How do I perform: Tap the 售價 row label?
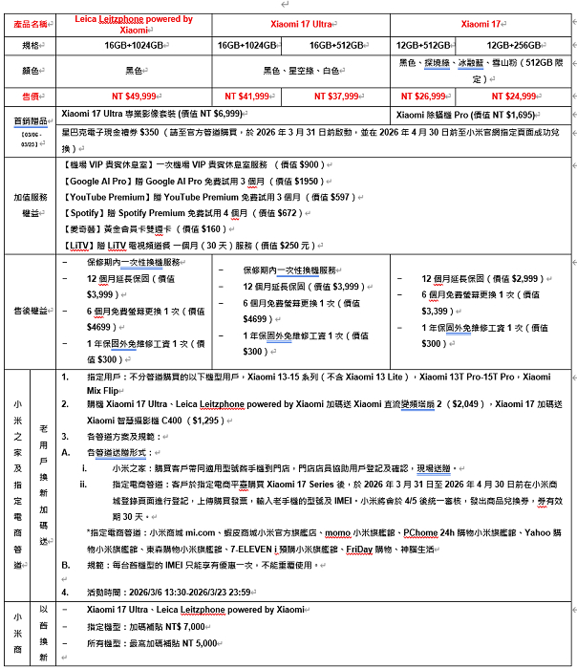[x=29, y=96]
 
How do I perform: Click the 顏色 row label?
[x=29, y=70]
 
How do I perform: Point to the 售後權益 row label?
[x=29, y=311]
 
